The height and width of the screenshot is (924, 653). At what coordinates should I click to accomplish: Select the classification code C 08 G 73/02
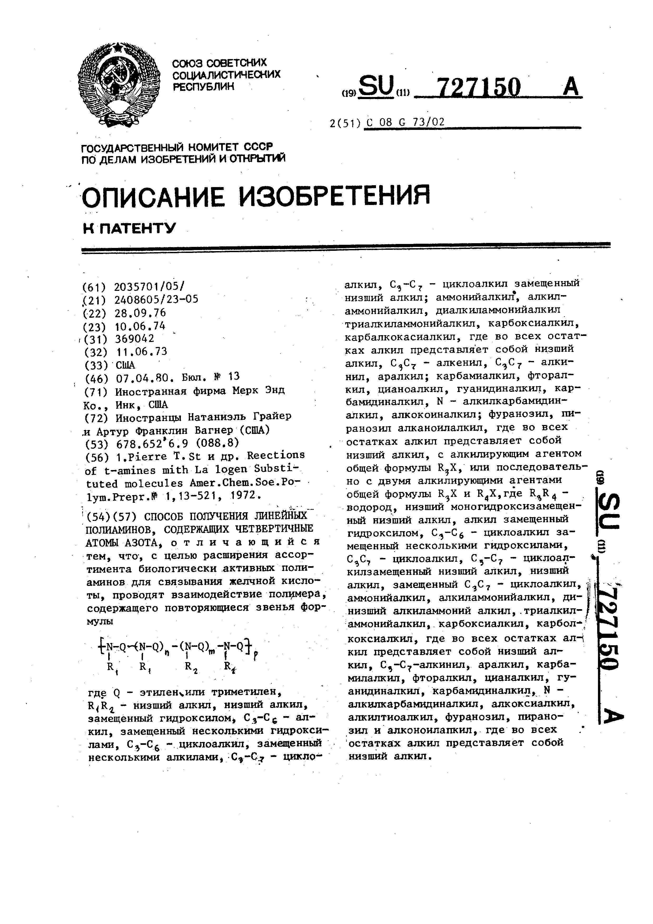[x=404, y=122]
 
